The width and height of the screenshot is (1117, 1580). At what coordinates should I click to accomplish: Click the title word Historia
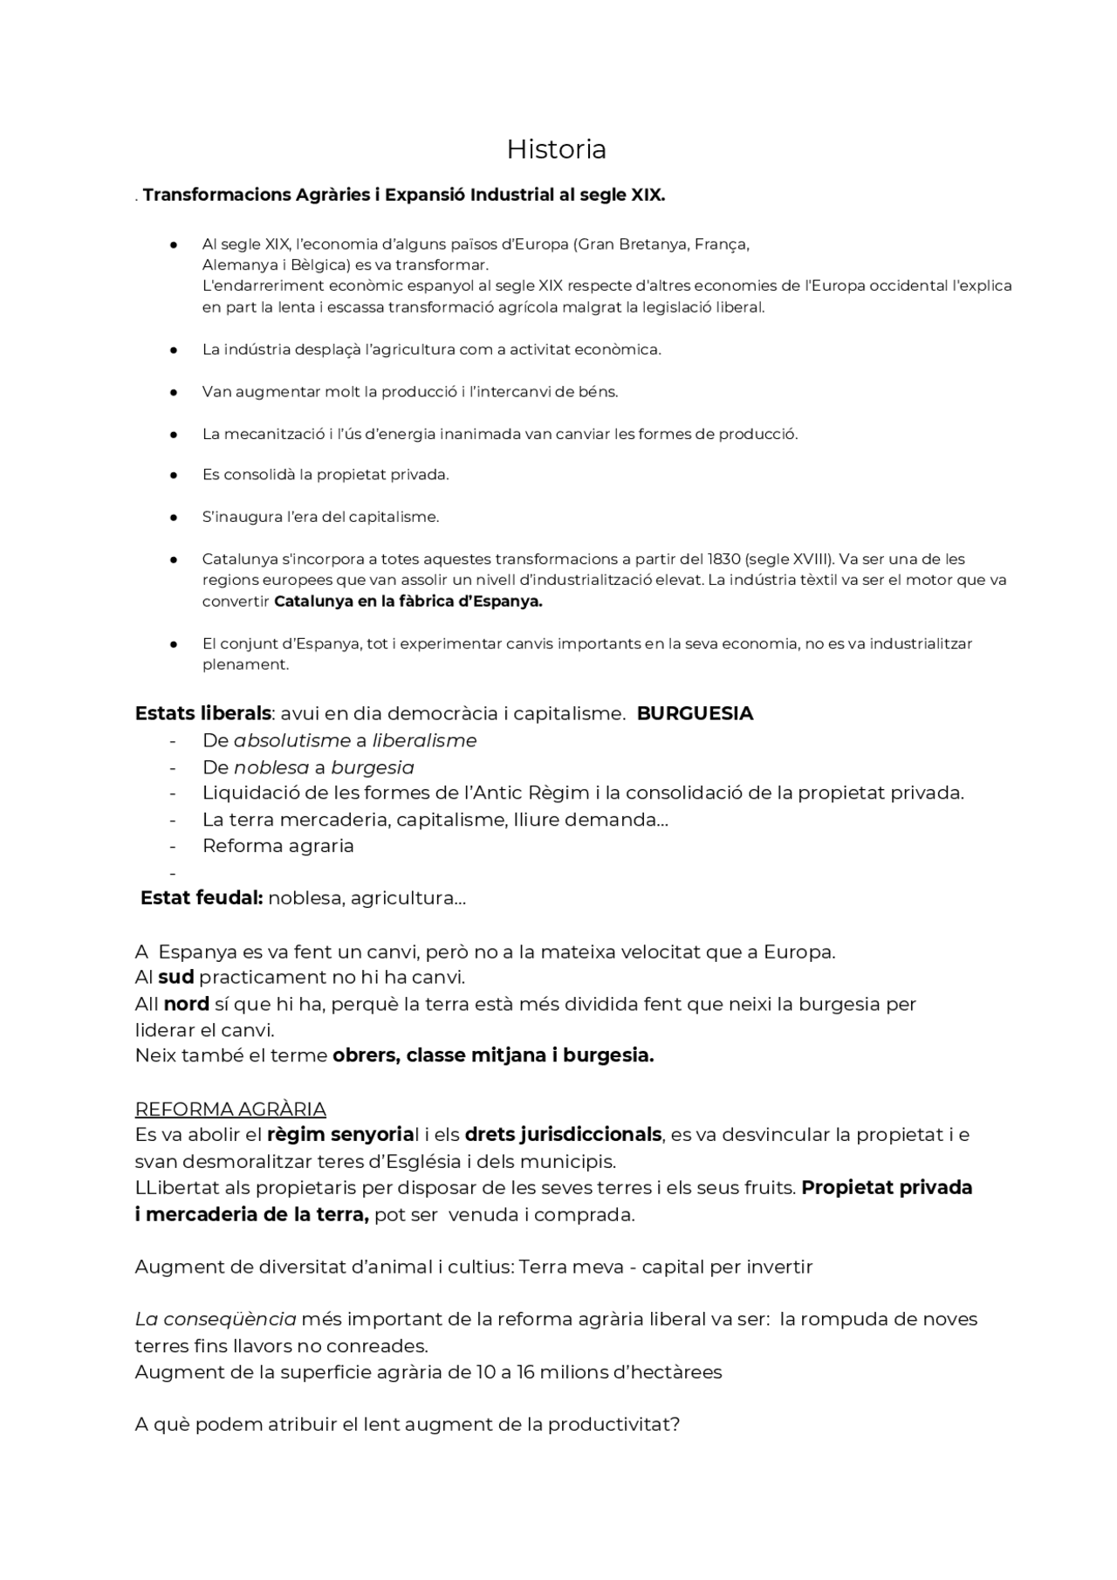pos(556,149)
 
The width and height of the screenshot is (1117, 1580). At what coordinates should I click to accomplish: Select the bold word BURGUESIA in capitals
pos(695,713)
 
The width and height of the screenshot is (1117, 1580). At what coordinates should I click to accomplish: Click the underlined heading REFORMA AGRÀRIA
pos(230,1109)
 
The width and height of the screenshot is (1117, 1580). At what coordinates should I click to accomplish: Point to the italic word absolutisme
pos(292,740)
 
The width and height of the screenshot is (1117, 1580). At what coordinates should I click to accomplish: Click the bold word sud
pos(175,977)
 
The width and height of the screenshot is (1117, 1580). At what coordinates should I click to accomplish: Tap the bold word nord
pos(186,1004)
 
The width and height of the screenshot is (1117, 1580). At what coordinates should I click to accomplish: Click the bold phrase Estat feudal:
pos(202,897)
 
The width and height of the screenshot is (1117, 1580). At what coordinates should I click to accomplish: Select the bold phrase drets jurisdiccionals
pos(563,1135)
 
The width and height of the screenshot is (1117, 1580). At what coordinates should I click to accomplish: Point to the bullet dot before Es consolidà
pos(174,475)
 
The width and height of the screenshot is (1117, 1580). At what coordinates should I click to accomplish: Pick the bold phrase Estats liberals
pos(202,713)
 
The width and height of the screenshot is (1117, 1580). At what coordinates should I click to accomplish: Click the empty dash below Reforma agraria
pos(173,872)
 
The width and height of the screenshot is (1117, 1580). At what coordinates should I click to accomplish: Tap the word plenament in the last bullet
pos(244,664)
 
